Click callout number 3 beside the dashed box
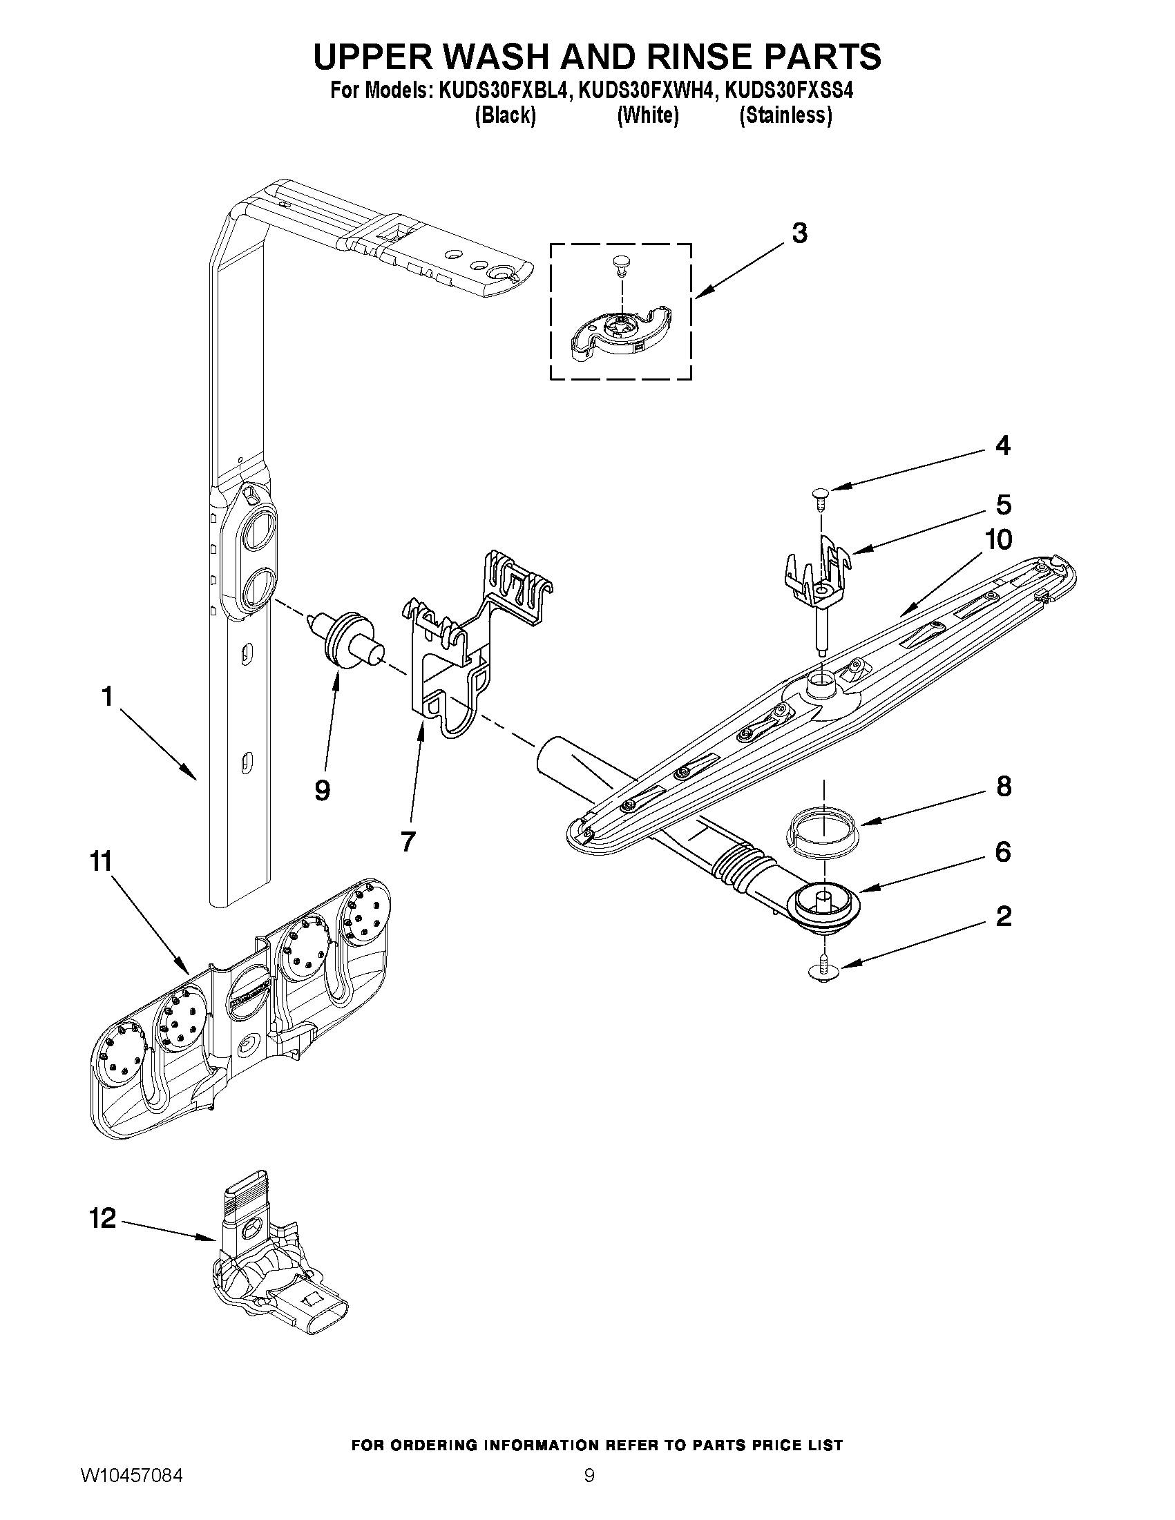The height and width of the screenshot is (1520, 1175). click(799, 233)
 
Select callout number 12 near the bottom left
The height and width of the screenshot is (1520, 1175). click(102, 1218)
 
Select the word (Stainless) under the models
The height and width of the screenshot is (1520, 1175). click(785, 115)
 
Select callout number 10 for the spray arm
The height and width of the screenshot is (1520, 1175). click(999, 539)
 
